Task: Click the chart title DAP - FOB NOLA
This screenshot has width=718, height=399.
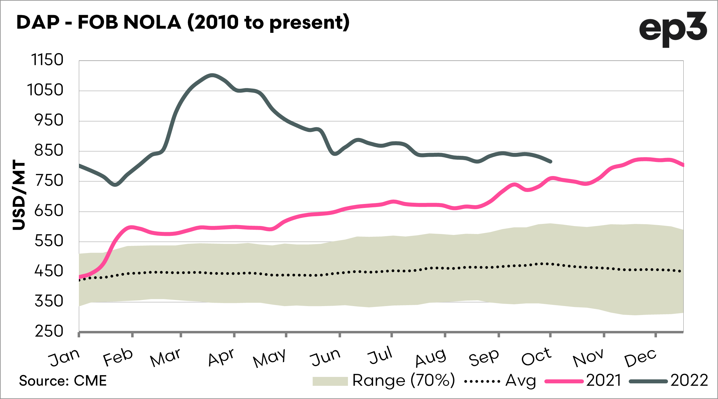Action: tap(183, 22)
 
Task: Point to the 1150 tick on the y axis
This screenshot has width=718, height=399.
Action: tap(47, 60)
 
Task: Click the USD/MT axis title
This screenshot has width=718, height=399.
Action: tap(19, 195)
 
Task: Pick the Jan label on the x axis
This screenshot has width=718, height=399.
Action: tap(64, 358)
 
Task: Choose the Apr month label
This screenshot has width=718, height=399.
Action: tap(221, 358)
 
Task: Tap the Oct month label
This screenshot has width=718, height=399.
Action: tap(536, 357)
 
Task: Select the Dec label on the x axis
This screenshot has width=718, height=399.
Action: tap(640, 358)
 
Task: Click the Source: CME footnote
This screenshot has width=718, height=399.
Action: tap(63, 381)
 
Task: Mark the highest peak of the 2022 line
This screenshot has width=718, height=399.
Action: tap(212, 75)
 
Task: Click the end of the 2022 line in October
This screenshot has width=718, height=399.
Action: tap(551, 162)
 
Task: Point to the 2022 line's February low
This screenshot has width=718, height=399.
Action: tap(115, 185)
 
